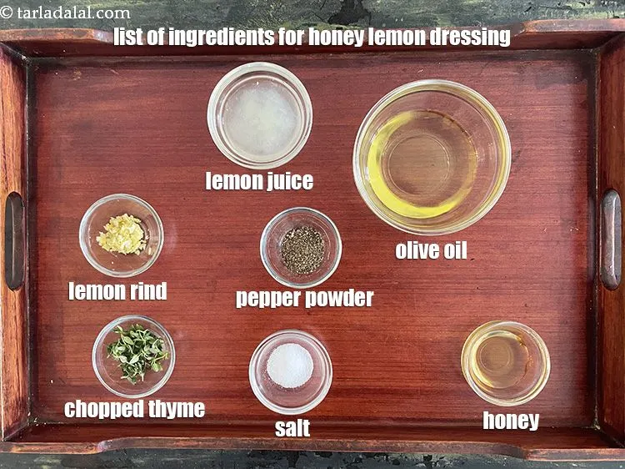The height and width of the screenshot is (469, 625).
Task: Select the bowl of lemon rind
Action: (x=122, y=236)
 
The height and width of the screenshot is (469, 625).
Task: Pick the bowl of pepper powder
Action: (x=301, y=248)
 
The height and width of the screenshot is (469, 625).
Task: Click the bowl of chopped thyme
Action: (x=133, y=354)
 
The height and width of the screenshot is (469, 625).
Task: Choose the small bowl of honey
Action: (x=505, y=363)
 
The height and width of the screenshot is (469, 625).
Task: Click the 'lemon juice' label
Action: (x=259, y=180)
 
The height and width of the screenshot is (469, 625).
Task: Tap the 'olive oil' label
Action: (x=431, y=250)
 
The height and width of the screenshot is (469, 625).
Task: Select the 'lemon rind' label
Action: (x=117, y=290)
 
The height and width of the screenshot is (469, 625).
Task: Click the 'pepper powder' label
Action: (x=304, y=298)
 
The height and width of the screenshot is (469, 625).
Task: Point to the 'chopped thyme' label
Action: (x=134, y=409)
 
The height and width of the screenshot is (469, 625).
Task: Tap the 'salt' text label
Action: (x=292, y=428)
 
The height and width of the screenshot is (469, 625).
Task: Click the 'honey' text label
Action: (x=511, y=421)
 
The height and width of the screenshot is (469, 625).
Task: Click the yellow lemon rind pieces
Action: (x=122, y=233)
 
